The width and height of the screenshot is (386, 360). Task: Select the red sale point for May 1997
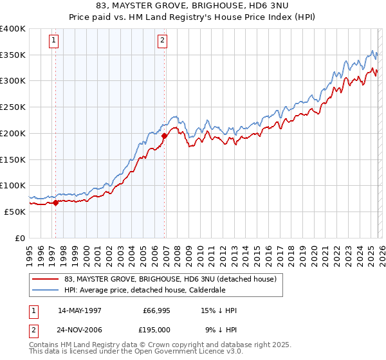[55, 203]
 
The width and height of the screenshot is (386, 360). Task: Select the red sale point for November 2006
[164, 136]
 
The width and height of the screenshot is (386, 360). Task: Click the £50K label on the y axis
[15, 212]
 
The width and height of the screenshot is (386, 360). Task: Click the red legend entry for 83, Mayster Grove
[170, 279]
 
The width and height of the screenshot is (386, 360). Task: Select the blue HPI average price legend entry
[154, 289]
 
